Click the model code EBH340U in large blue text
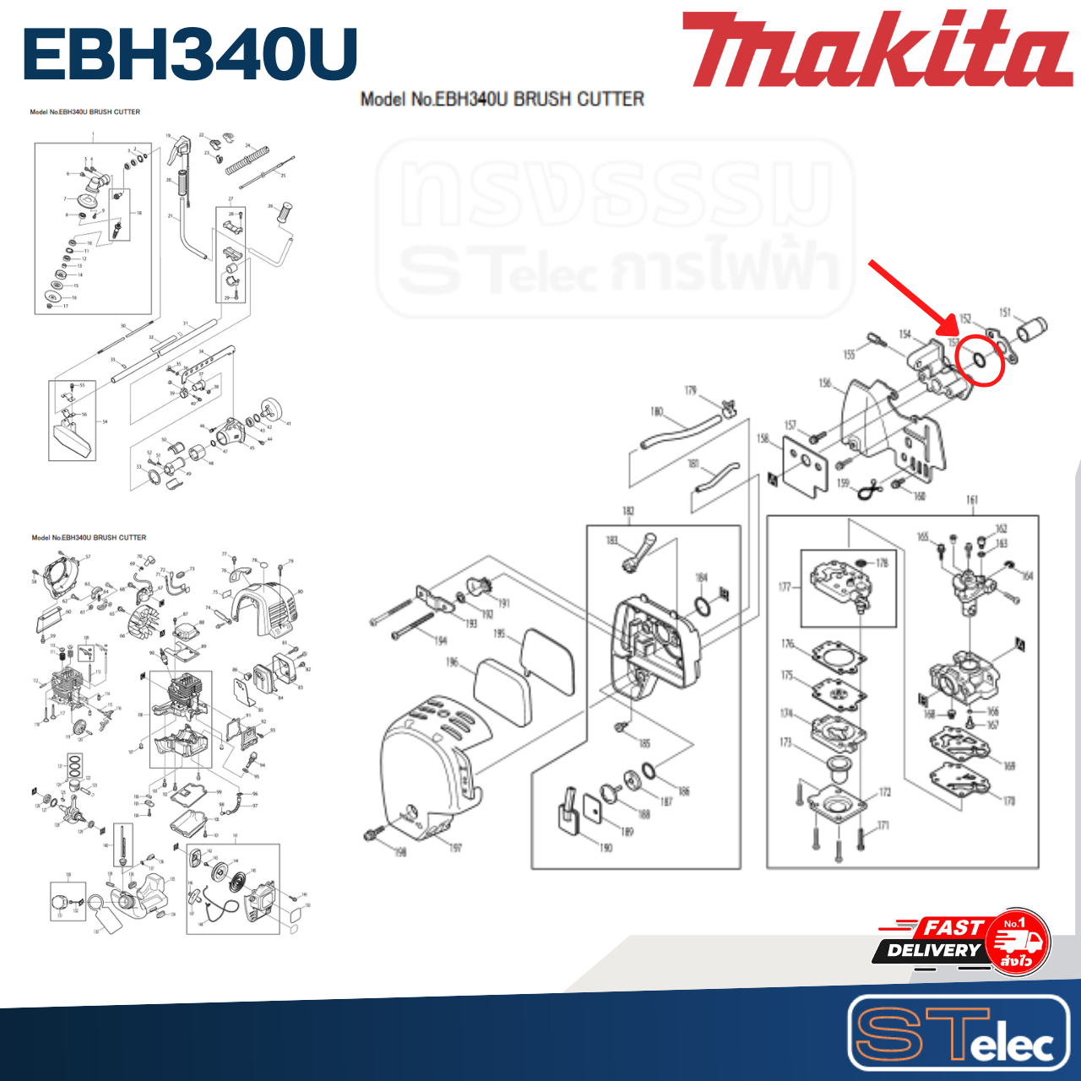coord(191,54)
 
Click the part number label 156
coord(825,383)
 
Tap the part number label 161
coord(971,500)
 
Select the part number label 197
coord(455,847)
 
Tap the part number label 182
coord(628,511)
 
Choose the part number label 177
coord(785,587)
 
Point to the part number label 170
coord(1009,801)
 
